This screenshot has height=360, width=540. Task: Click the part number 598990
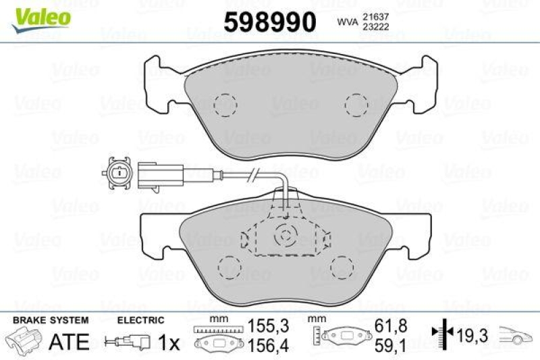point(270,22)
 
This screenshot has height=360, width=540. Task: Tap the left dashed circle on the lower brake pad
point(227,267)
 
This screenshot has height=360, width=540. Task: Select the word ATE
point(70,342)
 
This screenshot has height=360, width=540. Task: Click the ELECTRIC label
point(140,320)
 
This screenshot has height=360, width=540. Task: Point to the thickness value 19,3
point(470,334)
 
